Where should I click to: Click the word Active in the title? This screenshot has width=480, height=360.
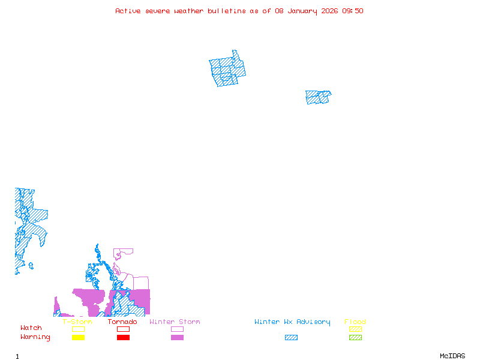pyautogui.click(x=127, y=11)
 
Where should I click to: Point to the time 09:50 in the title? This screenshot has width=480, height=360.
pyautogui.click(x=352, y=11)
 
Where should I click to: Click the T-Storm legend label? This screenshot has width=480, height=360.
pyautogui.click(x=77, y=322)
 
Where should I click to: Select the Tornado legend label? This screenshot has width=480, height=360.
pyautogui.click(x=122, y=322)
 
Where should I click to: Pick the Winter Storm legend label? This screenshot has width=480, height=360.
pyautogui.click(x=175, y=322)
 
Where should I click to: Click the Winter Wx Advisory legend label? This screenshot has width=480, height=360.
pyautogui.click(x=292, y=322)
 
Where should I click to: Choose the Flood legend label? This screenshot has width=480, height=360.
pyautogui.click(x=355, y=322)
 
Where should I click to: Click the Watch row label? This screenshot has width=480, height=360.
pyautogui.click(x=31, y=328)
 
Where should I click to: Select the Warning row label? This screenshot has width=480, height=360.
pyautogui.click(x=35, y=337)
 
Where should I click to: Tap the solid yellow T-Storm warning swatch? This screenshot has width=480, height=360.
pyautogui.click(x=78, y=338)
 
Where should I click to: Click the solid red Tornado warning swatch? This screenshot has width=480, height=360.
pyautogui.click(x=123, y=338)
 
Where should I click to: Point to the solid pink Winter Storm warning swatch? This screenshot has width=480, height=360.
pyautogui.click(x=177, y=338)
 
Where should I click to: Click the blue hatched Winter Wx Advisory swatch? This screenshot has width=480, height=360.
pyautogui.click(x=291, y=338)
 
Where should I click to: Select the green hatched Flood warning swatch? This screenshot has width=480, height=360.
pyautogui.click(x=355, y=338)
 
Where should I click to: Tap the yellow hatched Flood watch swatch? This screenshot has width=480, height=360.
pyautogui.click(x=355, y=329)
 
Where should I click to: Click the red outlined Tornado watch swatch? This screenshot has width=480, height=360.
pyautogui.click(x=123, y=329)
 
